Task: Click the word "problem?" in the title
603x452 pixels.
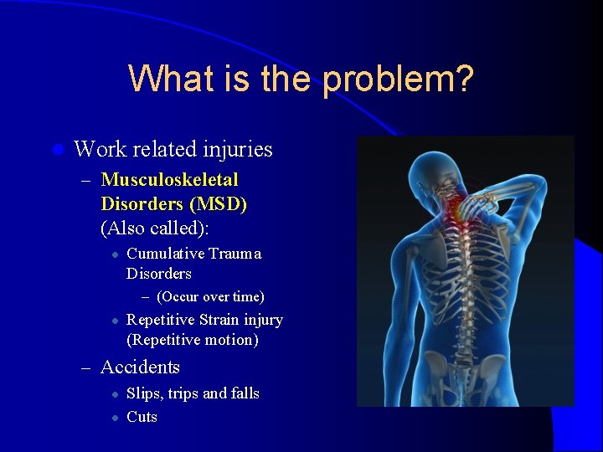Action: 399,80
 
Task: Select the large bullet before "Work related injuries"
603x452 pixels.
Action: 57,151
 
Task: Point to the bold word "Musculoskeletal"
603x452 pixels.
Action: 169,180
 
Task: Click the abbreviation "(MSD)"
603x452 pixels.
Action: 219,204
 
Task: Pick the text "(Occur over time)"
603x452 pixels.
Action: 210,297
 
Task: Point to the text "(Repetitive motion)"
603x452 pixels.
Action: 192,340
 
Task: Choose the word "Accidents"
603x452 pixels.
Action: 140,367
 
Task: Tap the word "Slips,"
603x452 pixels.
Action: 145,393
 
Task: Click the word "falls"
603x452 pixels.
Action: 245,393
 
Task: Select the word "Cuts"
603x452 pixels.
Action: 142,417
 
